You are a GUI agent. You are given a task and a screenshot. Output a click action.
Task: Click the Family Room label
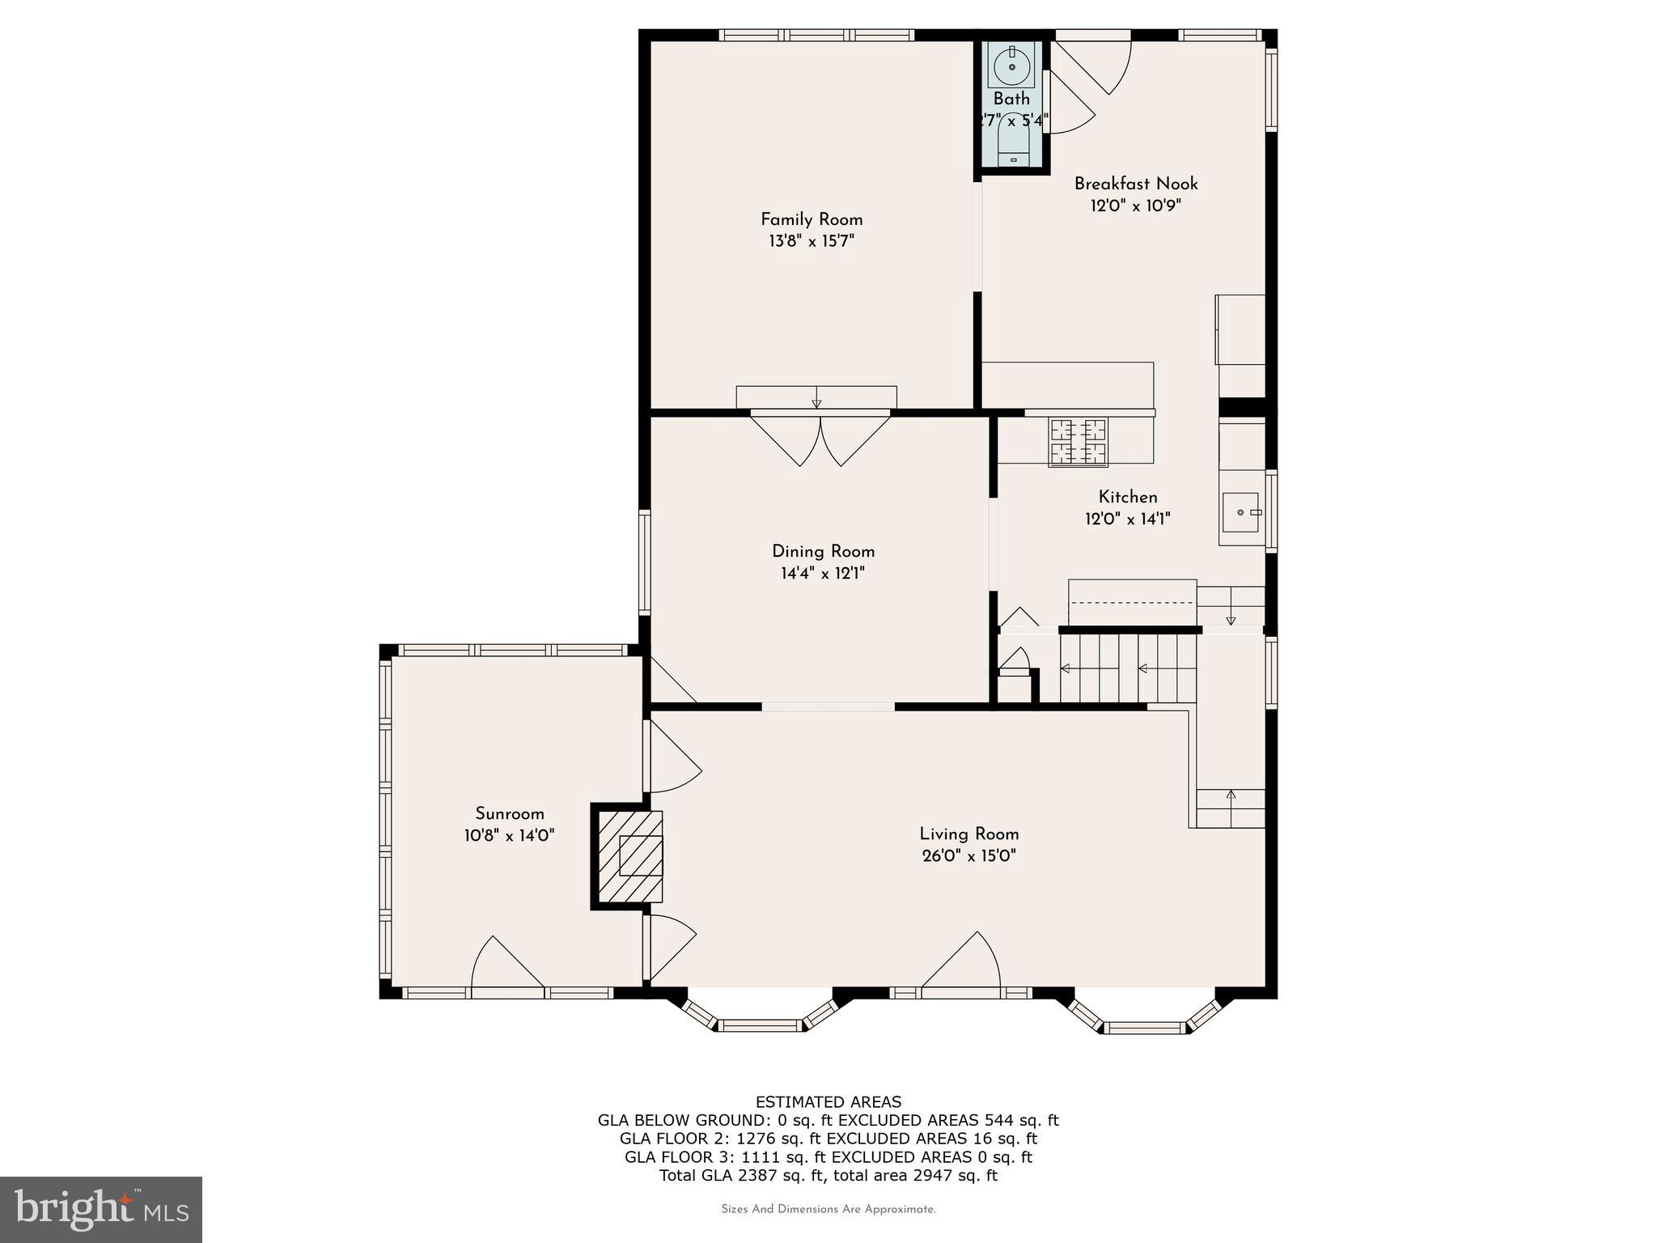pos(812,219)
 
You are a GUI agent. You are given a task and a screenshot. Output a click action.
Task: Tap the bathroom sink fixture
pos(1011,66)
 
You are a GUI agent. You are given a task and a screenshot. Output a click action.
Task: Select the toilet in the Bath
pos(1013,146)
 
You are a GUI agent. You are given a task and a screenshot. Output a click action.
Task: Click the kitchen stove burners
pos(1078,442)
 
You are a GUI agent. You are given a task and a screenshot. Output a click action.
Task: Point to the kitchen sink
pos(1240,512)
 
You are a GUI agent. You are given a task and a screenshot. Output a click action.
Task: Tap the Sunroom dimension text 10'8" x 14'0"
pos(509,835)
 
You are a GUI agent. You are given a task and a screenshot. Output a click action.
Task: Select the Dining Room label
pos(823,551)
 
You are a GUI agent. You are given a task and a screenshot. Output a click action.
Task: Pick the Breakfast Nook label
pos(1135,184)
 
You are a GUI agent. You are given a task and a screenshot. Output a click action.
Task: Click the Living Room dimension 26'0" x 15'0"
pos(968,855)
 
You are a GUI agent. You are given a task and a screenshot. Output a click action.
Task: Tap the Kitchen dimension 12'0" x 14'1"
pos(1127,519)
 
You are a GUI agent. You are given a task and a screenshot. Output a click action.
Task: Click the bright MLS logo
pos(101,1210)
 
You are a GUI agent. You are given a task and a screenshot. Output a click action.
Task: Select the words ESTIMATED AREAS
pos(828,1101)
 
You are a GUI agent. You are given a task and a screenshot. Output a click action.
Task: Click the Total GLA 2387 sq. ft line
pos(828,1175)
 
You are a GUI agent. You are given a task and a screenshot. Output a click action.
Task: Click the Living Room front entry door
pos(961,963)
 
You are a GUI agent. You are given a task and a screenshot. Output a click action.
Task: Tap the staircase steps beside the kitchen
pos(1128,668)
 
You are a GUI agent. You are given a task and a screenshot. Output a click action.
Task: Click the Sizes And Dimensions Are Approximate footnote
pos(828,1209)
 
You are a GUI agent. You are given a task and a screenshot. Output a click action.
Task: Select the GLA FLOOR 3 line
pos(828,1156)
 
